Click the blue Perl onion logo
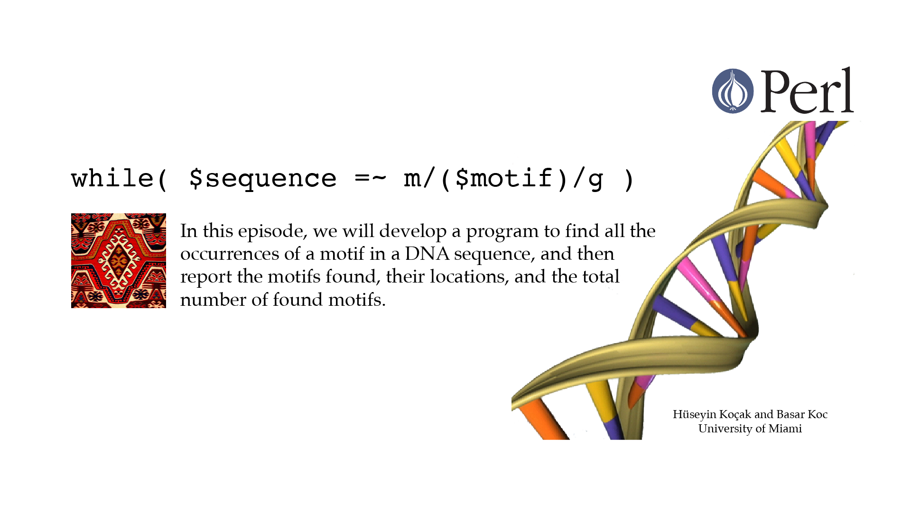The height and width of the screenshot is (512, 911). pos(733,91)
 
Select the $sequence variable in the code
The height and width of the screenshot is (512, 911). pos(263,179)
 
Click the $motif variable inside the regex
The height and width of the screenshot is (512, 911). pos(504,178)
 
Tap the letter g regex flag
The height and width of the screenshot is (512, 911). pos(595,181)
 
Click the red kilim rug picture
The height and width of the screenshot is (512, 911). pos(119,261)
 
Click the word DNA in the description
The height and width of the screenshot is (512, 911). pos(427,254)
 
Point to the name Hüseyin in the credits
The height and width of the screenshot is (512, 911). pos(694,415)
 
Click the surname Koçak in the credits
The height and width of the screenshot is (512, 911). pos(735,415)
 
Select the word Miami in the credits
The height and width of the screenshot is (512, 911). pos(785,429)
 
